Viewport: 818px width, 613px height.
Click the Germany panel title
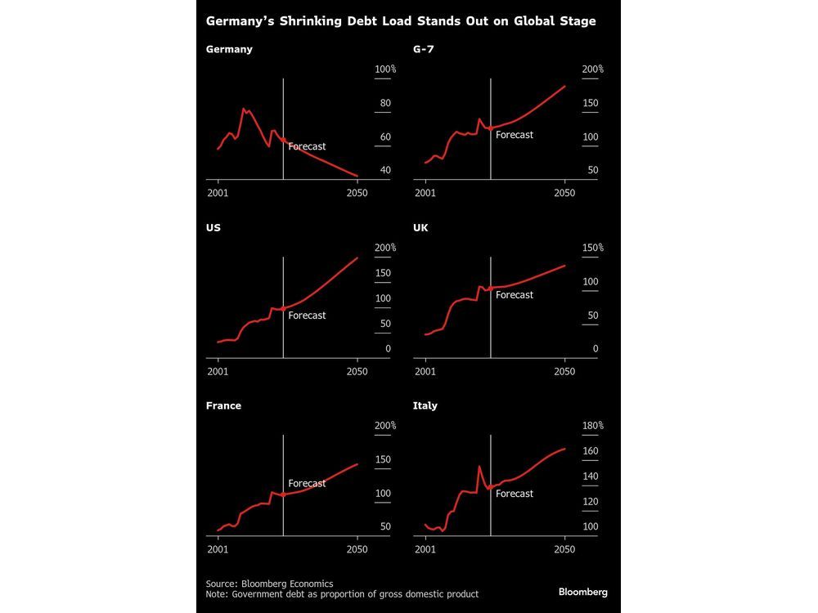tap(229, 49)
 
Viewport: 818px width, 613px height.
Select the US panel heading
tap(213, 227)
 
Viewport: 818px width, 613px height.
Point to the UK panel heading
tap(420, 227)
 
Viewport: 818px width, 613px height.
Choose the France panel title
tap(223, 405)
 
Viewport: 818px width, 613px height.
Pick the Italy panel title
tap(425, 405)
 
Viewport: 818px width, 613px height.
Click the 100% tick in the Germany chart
tap(384, 70)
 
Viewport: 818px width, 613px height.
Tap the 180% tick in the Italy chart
tap(591, 426)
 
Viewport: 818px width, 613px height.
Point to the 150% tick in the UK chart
tap(591, 248)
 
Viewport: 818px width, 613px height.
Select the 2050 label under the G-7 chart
tap(564, 193)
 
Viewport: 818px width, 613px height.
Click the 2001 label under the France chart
tap(218, 549)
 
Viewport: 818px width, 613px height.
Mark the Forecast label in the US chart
tap(307, 315)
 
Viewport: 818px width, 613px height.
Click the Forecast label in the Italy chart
tap(515, 494)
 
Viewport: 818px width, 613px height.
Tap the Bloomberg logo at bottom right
tap(583, 591)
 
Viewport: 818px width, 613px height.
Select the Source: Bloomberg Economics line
tap(270, 584)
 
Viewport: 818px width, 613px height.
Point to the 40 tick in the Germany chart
tap(384, 171)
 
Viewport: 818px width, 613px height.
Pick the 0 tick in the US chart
tap(388, 349)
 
